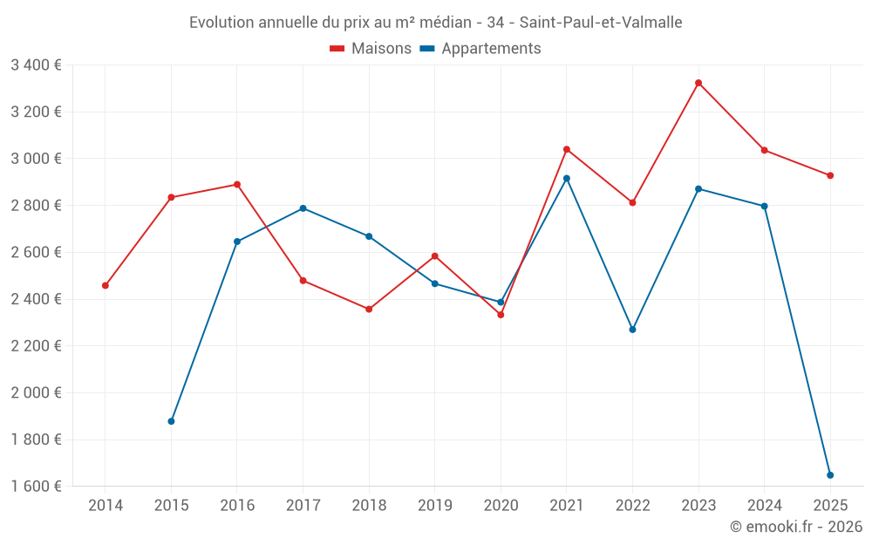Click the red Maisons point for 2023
(698, 83)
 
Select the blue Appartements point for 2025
(830, 475)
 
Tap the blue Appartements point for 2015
(171, 421)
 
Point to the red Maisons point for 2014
(106, 285)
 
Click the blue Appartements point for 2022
(632, 330)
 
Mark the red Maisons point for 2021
(567, 149)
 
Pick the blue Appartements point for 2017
(303, 208)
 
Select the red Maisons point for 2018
(369, 309)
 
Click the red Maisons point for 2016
(237, 185)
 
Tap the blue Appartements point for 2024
(765, 207)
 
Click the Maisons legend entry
(371, 49)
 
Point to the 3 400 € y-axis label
(36, 65)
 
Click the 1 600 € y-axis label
(36, 487)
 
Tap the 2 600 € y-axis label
(36, 252)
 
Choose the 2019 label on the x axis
(434, 505)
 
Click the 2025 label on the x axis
(830, 505)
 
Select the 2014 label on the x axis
(106, 505)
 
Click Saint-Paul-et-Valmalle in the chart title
(601, 22)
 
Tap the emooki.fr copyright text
(796, 527)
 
